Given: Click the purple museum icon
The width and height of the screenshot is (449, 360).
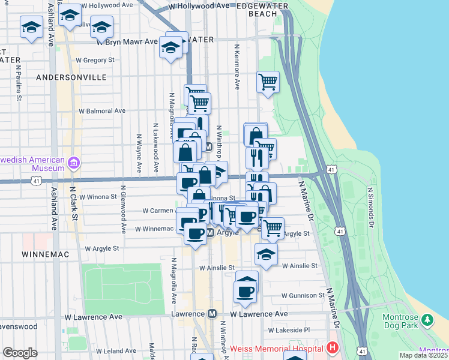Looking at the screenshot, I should pyautogui.click(x=74, y=163).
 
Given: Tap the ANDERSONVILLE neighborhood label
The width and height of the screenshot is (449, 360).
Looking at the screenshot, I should pyautogui.click(x=71, y=77).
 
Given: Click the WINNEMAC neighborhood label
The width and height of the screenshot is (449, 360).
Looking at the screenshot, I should pyautogui.click(x=46, y=254).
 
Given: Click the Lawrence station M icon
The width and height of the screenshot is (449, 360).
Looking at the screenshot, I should pyautogui.click(x=212, y=314).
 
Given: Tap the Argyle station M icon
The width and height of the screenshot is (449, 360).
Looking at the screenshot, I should pyautogui.click(x=211, y=232).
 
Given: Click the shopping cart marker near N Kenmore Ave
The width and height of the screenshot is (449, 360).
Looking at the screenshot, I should pyautogui.click(x=268, y=82).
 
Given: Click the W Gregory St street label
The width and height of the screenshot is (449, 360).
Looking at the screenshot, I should pyautogui.click(x=95, y=60).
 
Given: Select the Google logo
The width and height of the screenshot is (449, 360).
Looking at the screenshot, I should pyautogui.click(x=20, y=353).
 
